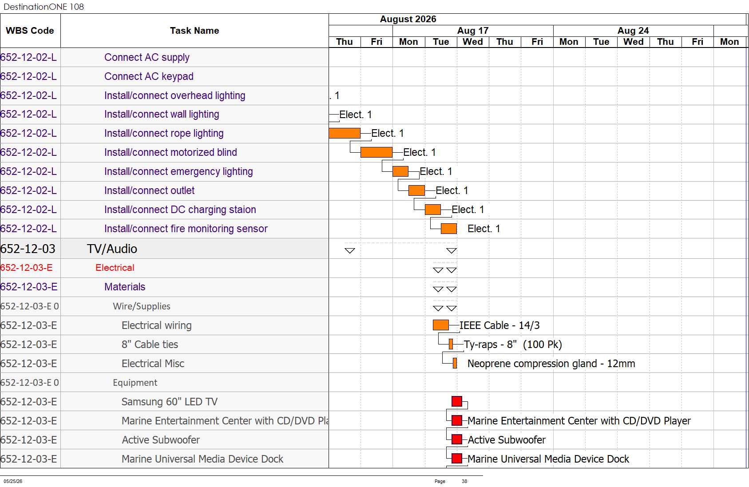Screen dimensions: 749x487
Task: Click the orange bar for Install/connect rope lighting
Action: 345,133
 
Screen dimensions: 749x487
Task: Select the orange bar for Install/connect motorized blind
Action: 376,152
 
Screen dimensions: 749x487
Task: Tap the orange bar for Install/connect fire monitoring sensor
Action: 449,229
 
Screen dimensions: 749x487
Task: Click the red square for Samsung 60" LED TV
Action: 457,401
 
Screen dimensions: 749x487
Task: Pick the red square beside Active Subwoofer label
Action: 457,439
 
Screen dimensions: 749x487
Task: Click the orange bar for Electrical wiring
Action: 441,325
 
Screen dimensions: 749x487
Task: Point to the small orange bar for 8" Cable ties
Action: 451,344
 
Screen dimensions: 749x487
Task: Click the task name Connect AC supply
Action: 147,57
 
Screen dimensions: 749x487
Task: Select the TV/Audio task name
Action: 112,249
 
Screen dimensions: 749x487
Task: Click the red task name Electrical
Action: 115,268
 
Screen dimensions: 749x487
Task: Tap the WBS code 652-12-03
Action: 28,249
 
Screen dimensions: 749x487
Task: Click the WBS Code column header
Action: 30,31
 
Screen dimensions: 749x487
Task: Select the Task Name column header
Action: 194,31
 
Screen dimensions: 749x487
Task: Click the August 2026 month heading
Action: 408,19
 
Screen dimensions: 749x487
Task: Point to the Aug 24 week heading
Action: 633,31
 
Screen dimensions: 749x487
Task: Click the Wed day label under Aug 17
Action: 472,42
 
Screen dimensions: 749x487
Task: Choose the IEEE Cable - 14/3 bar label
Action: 499,325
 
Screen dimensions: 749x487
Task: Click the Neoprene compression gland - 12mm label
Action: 551,363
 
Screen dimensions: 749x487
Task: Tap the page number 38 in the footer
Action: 464,481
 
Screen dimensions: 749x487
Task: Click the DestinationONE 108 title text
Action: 44,7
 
